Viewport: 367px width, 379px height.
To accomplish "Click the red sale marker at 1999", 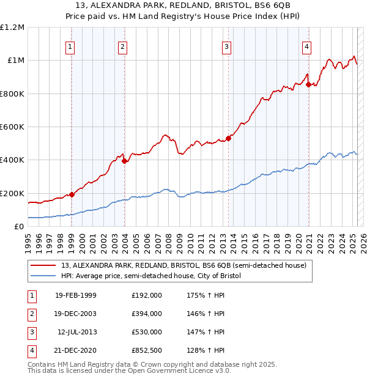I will point(72,194).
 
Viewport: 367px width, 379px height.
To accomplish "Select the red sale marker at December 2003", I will point(124,161).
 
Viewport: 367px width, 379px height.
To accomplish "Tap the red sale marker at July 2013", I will point(228,138).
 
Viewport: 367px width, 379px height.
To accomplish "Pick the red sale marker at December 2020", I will point(309,84).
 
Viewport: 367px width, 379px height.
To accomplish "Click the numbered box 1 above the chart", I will point(70,46).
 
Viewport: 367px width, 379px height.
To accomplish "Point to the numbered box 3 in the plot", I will point(227,46).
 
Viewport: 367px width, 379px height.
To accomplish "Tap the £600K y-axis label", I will point(12,127).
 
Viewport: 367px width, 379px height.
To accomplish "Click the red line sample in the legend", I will point(43,265).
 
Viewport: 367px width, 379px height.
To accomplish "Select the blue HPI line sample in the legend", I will point(43,276).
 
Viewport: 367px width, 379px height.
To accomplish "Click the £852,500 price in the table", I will point(147,351).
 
